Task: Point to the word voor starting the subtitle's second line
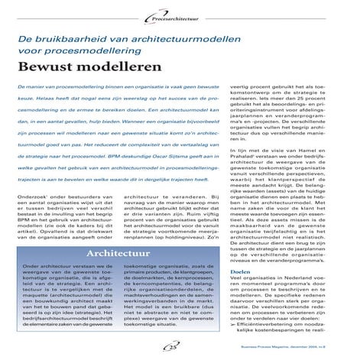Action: point(31,50)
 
